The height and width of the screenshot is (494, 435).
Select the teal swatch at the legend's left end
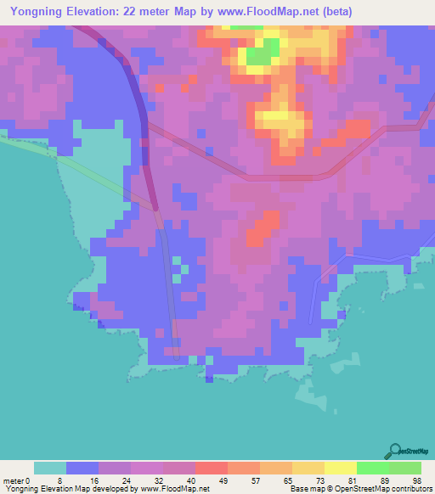pos(49,469)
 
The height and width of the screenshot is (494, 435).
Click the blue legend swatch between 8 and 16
pos(82,469)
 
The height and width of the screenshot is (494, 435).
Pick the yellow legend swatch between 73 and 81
pos(340,469)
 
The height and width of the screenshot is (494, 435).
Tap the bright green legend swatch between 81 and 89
pos(372,469)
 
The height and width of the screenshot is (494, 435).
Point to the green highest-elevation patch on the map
pos(263,53)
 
